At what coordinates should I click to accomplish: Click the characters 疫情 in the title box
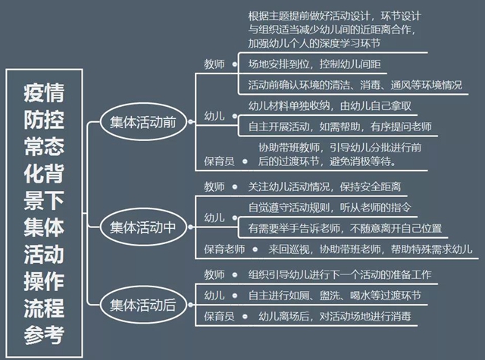tap(44, 92)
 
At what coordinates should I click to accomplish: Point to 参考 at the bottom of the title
tap(44, 335)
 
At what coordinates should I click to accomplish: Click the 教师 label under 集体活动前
tap(214, 64)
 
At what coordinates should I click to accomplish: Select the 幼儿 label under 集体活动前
tap(214, 116)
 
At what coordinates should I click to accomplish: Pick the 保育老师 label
tap(224, 249)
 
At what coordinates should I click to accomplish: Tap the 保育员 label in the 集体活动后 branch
tap(219, 316)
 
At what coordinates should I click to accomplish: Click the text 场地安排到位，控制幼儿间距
tap(314, 64)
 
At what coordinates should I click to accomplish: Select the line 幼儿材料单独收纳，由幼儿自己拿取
tap(330, 106)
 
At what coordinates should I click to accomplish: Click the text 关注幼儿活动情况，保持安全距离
tap(324, 186)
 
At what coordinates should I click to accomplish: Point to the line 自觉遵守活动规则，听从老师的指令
tap(330, 207)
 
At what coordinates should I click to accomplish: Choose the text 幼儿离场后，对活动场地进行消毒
tap(335, 316)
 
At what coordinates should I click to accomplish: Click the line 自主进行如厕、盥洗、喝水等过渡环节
tap(335, 296)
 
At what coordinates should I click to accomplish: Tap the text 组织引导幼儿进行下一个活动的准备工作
tap(339, 274)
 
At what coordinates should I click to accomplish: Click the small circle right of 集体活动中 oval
tap(190, 227)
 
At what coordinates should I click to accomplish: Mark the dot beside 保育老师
tap(255, 249)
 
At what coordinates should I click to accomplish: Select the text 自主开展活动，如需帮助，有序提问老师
tap(340, 127)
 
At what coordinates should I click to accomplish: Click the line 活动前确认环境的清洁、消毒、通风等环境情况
tap(355, 85)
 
